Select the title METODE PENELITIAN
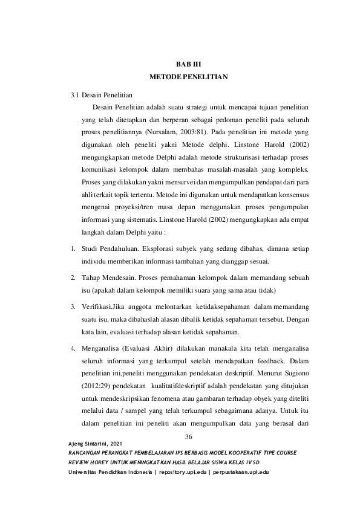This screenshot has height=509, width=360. (180, 78)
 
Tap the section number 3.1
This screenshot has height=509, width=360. (74, 95)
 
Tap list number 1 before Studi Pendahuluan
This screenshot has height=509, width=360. (72, 249)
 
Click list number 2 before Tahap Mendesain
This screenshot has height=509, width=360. (72, 277)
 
